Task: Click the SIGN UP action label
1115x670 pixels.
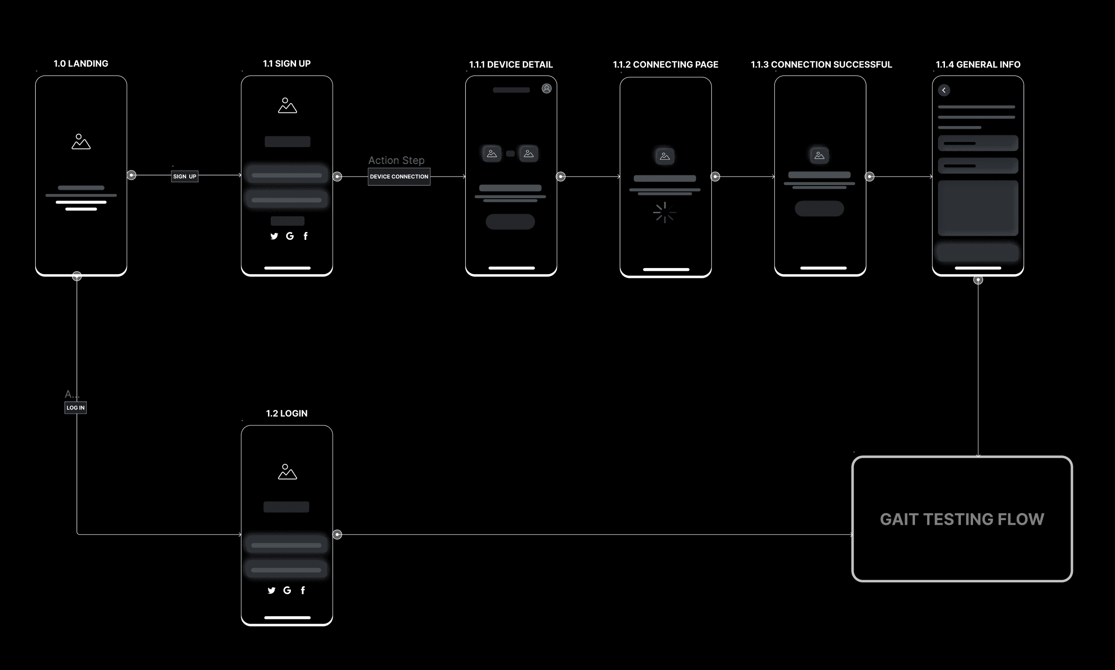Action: coord(185,177)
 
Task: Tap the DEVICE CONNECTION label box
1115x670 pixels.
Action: coord(399,177)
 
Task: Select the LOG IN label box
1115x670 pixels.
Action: coord(75,408)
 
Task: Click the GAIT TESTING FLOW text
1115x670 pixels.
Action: coord(962,519)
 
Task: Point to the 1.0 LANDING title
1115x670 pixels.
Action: coord(81,64)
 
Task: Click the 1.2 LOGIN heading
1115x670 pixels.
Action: coord(287,413)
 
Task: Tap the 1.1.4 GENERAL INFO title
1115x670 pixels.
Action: coord(978,65)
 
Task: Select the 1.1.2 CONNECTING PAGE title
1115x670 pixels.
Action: coord(665,65)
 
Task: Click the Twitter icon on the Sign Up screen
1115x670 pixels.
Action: coord(274,236)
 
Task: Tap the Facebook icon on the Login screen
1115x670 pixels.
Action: coord(303,590)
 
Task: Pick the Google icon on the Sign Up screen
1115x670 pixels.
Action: coord(290,236)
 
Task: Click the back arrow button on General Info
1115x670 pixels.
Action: coord(944,90)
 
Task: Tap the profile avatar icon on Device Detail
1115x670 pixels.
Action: coord(546,89)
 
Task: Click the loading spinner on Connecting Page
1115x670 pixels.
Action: coord(664,213)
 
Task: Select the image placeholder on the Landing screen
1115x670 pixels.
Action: coord(81,141)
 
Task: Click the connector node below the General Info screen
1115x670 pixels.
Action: coord(978,280)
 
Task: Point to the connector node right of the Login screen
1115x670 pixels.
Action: coord(337,535)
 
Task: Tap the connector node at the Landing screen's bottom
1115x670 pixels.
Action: coord(77,276)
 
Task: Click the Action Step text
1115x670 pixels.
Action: coord(396,160)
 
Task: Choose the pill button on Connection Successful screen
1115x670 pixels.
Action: coord(819,208)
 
